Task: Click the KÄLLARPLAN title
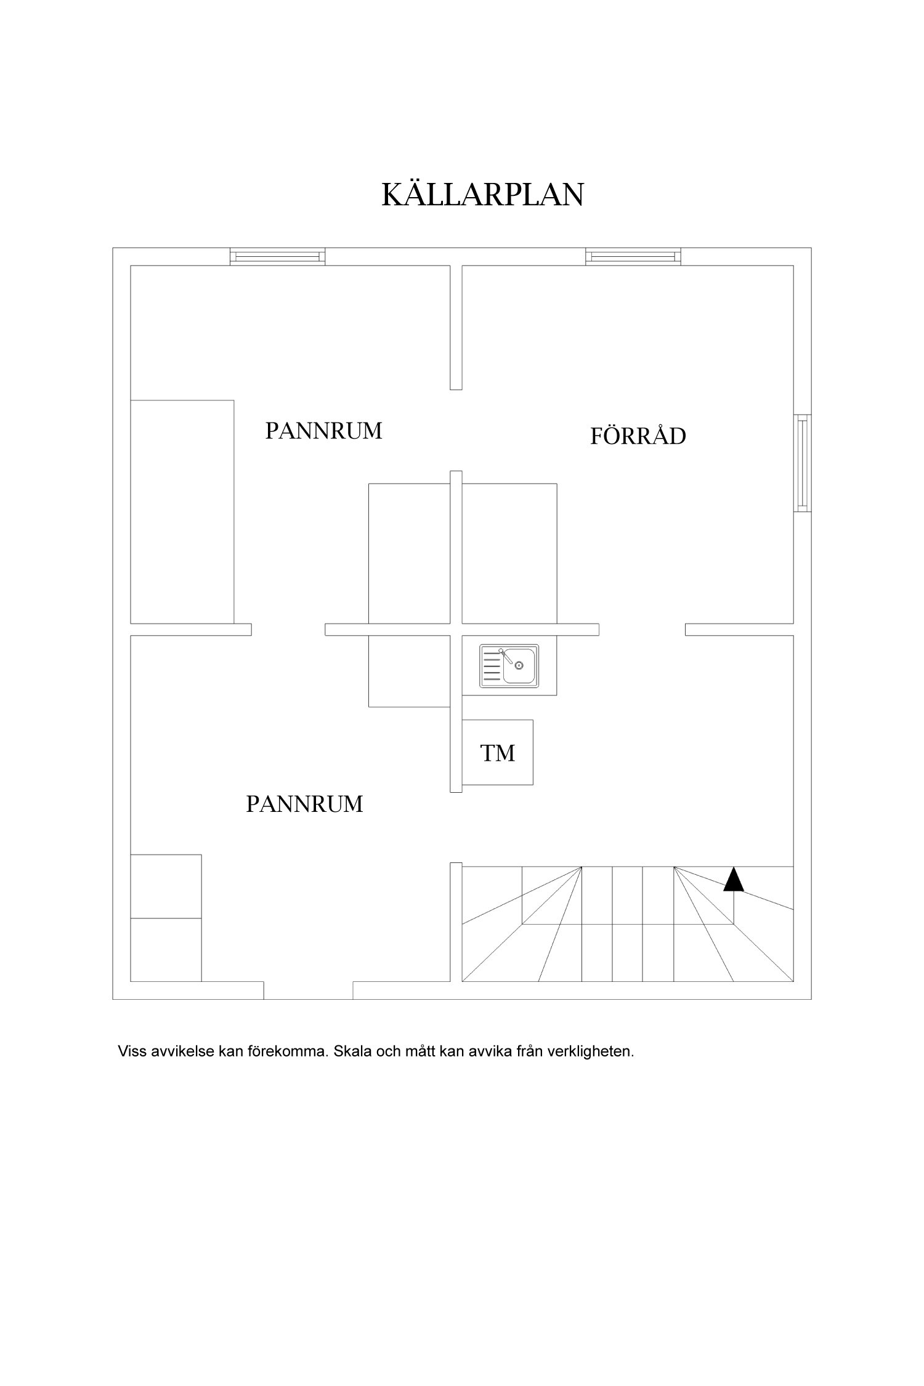point(482,195)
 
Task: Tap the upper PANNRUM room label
point(323,431)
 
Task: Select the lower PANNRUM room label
point(304,804)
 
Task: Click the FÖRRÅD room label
point(638,436)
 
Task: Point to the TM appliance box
point(497,752)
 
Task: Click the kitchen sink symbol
point(509,666)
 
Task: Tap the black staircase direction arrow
point(733,880)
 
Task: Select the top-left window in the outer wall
point(277,256)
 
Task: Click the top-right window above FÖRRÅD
point(633,256)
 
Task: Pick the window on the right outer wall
point(801,463)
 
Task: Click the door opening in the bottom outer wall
point(308,990)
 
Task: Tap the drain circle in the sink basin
point(519,665)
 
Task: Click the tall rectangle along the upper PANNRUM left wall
point(182,511)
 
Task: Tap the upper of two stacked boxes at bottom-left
point(166,886)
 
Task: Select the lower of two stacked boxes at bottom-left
point(166,949)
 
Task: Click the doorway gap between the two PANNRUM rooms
point(288,630)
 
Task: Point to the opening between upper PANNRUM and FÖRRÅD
point(456,430)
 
